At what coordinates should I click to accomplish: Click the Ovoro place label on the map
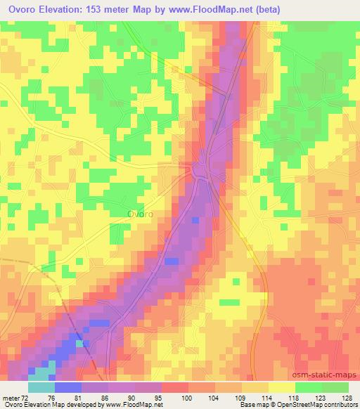[141, 214]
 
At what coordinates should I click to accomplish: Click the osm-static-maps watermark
[328, 377]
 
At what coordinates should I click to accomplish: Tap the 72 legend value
[27, 397]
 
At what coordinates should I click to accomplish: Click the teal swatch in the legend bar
[41, 387]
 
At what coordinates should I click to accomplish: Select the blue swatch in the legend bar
[67, 387]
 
